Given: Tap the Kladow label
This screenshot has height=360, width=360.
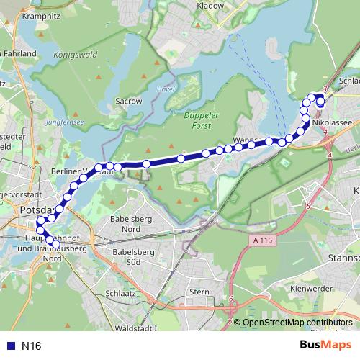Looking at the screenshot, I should coord(210,4).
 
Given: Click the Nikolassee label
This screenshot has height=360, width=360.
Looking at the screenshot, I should coord(332,122).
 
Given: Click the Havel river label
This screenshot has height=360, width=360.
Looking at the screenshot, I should coord(161,89).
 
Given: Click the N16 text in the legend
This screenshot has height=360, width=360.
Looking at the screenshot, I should coord(31,346).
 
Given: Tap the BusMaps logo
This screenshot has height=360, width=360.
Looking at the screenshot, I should coord(326,346).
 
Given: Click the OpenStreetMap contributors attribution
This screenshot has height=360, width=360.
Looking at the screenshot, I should coord(297,323).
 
